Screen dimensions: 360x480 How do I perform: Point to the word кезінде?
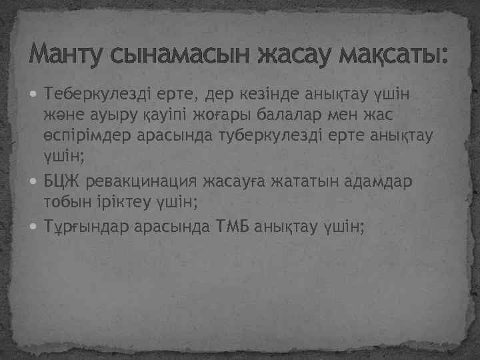click(271, 92)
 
